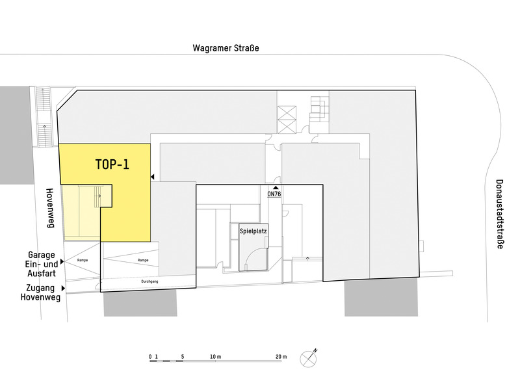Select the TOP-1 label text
click(112, 164)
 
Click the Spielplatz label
click(253, 231)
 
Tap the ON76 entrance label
click(274, 194)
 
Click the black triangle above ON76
click(275, 187)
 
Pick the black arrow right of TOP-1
click(152, 176)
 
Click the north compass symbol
click(309, 358)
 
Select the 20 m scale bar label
click(281, 357)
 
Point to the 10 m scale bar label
click(215, 357)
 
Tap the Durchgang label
click(151, 281)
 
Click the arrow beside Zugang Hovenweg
click(64, 287)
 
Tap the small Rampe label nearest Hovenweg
click(82, 260)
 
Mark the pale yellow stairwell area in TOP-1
click(81, 211)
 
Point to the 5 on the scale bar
click(183, 357)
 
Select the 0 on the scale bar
click(150, 357)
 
